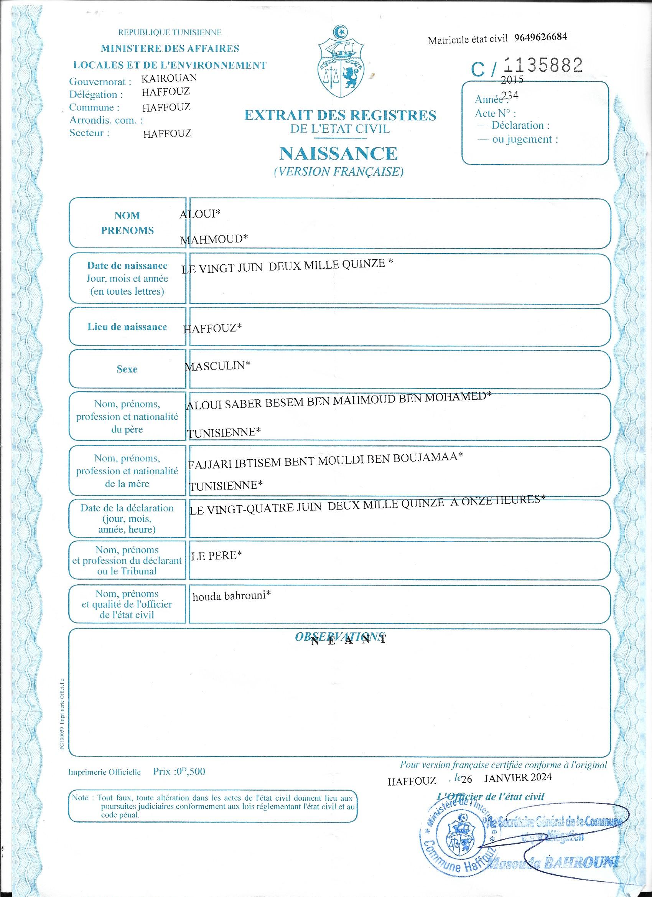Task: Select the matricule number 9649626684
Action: (x=541, y=37)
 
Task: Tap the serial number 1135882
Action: (x=542, y=65)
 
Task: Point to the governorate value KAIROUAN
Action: (x=169, y=78)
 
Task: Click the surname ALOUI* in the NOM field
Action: (x=200, y=214)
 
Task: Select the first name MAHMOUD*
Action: (x=214, y=239)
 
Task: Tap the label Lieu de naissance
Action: (x=127, y=326)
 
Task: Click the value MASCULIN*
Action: (x=217, y=366)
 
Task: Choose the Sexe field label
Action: (x=127, y=369)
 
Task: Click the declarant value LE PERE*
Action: (x=216, y=556)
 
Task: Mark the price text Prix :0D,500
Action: (x=179, y=771)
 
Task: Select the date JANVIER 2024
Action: (x=517, y=777)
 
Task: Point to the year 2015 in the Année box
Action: (x=512, y=80)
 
